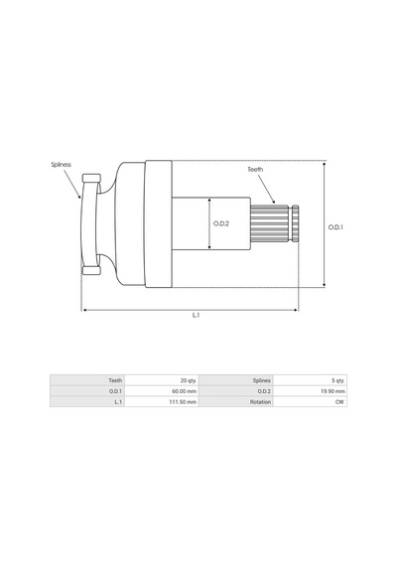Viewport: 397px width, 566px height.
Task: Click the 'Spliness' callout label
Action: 61,165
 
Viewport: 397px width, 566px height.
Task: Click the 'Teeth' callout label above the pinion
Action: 255,169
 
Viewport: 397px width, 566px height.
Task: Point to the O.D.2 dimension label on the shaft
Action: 221,223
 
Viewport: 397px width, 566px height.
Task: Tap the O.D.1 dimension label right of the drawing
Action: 335,227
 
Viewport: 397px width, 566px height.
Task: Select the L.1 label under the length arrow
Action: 196,315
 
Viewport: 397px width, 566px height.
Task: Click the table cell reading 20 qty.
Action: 189,380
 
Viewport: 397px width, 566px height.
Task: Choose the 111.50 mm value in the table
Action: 183,402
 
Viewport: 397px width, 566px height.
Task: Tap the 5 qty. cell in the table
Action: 337,380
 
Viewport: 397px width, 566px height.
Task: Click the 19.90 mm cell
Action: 332,391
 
